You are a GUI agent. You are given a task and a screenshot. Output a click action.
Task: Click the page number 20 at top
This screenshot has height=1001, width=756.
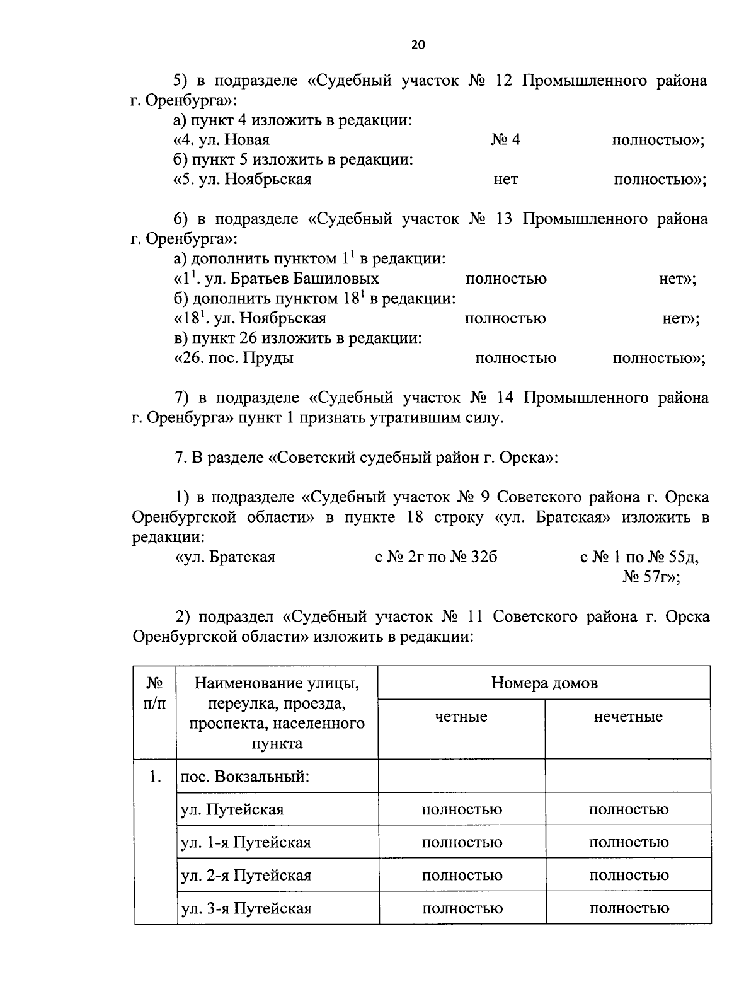pos(418,45)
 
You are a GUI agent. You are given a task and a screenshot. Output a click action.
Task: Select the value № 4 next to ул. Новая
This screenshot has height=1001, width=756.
pos(505,140)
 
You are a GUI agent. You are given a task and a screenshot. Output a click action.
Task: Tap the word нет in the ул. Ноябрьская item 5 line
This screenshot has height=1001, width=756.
pos(505,180)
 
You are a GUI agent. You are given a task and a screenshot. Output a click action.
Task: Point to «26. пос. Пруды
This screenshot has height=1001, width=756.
pos(234,358)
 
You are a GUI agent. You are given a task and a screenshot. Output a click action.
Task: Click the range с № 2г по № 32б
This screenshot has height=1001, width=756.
pos(435,557)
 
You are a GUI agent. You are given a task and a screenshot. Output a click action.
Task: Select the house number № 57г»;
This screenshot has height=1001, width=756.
pos(651,577)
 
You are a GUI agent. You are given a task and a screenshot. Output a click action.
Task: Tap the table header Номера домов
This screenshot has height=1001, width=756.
pos(544,683)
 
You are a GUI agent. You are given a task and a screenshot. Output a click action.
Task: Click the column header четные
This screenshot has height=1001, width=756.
pos(461,717)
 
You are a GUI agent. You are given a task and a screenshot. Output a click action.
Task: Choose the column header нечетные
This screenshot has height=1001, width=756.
pos(627,717)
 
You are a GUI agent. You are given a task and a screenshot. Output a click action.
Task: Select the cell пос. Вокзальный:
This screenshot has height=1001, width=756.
pos(245,776)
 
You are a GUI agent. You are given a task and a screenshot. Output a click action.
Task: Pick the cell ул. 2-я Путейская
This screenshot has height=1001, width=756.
pos(246,876)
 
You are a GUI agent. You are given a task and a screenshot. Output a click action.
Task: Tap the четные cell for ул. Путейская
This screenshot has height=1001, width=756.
pos(461,809)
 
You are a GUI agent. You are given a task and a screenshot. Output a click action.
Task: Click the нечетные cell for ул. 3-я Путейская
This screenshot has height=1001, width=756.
pos(628,908)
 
